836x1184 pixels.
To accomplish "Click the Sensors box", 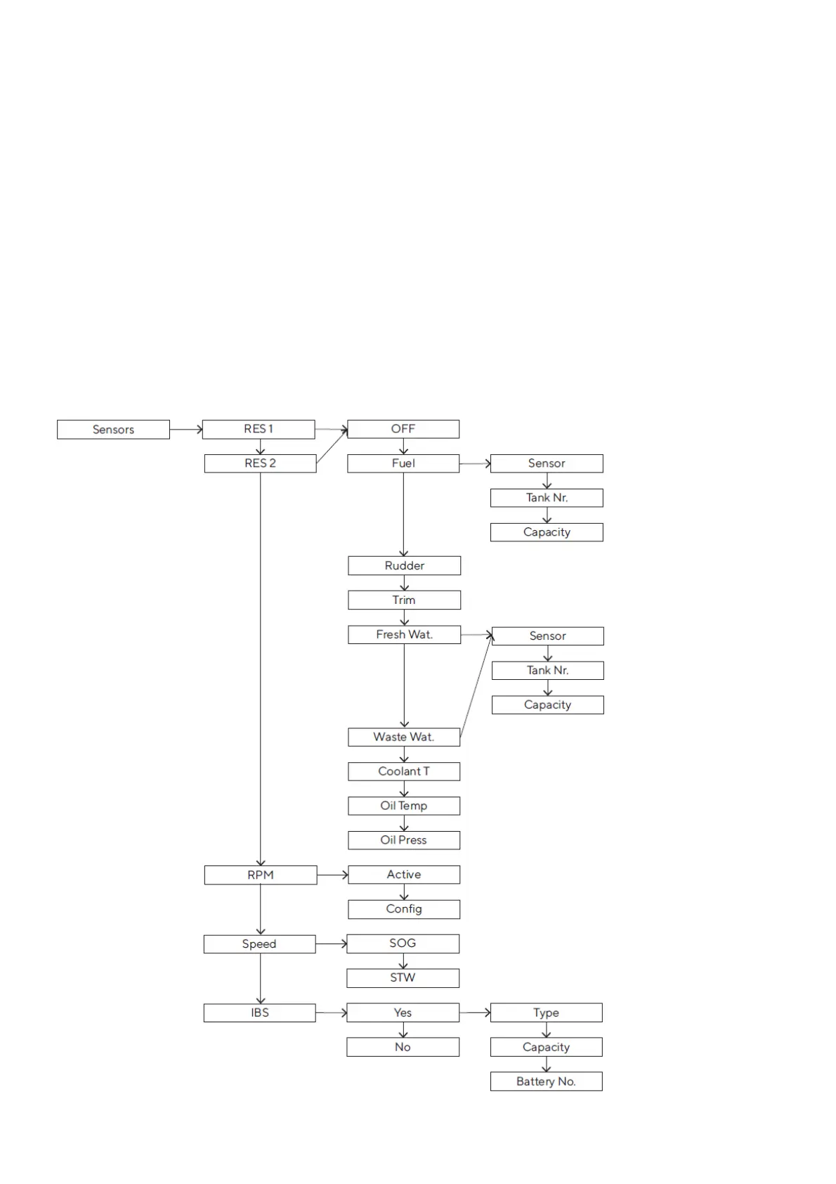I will tap(113, 430).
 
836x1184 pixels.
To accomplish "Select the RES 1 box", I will tap(259, 429).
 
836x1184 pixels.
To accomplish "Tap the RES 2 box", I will tap(260, 463).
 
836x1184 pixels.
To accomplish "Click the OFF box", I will tap(403, 429).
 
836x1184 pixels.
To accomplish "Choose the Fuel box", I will tap(403, 463).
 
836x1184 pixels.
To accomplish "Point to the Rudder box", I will tap(404, 566).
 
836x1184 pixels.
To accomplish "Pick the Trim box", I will tap(404, 600).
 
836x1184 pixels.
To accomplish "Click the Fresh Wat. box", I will tap(404, 635).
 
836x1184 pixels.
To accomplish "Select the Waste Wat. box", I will tap(404, 737).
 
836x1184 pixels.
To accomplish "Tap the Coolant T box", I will tap(404, 771).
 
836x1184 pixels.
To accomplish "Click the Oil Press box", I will tap(404, 840).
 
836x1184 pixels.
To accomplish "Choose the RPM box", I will tap(260, 875).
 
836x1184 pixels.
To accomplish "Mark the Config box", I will tap(404, 909).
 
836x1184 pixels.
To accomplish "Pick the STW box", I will tap(403, 978).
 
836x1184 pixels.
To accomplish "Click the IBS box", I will tap(260, 1013).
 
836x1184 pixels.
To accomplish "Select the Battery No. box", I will tap(546, 1082).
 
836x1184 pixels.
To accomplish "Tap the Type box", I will tap(546, 1013).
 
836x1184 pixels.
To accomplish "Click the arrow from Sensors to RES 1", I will tap(186, 429).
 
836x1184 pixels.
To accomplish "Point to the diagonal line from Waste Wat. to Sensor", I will tap(476, 686).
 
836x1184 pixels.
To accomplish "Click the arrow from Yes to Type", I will tap(475, 1012).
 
